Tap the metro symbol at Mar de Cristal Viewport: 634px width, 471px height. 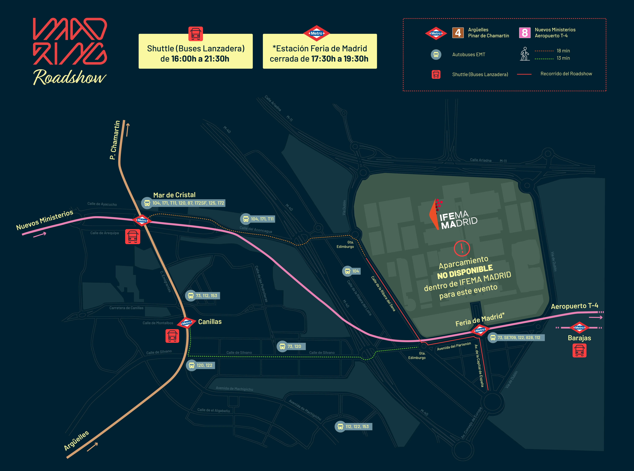point(142,220)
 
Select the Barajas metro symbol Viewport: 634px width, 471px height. point(579,328)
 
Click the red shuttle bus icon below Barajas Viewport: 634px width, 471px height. point(579,350)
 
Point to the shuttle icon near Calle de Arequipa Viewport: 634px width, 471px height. point(133,236)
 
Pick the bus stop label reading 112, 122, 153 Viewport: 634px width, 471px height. point(354,427)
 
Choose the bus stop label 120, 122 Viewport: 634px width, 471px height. point(200,365)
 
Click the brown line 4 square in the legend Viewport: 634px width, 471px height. point(458,33)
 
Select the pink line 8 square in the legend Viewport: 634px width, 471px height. point(525,33)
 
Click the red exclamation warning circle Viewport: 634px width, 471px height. point(462,248)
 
